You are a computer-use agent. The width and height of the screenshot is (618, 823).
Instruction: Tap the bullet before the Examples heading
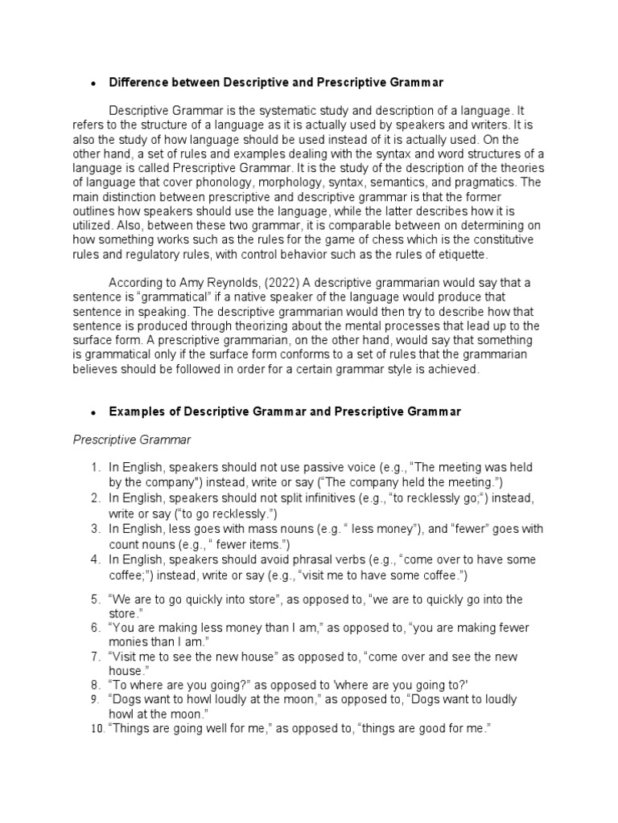tap(93, 412)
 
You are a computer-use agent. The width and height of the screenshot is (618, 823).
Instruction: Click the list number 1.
tap(94, 468)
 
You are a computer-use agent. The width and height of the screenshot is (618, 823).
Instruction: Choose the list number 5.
tap(94, 599)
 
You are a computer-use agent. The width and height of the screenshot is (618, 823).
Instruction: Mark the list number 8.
tap(94, 685)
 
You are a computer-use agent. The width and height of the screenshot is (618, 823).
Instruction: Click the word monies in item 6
tap(130, 641)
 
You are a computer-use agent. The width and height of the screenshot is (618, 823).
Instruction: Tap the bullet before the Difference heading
tap(93, 84)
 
